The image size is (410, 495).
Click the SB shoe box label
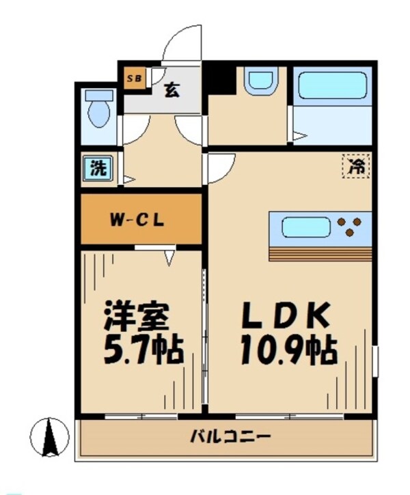(135, 79)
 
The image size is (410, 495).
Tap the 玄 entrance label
(172, 89)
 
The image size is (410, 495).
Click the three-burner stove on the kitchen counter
(351, 227)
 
